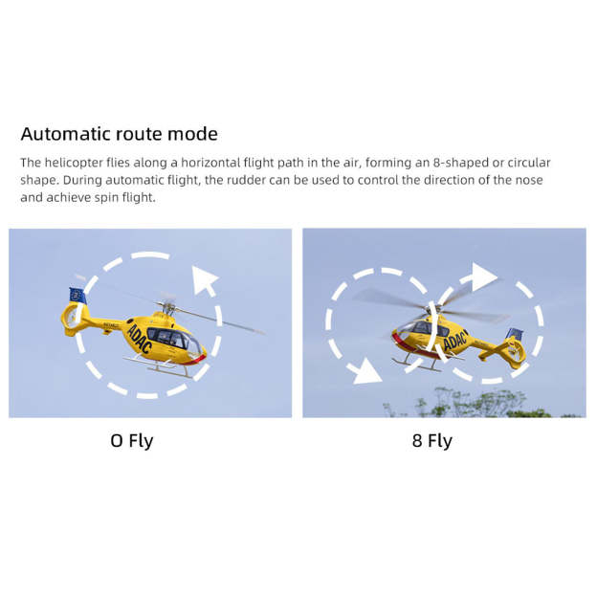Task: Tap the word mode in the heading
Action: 194,134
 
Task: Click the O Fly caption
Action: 132,441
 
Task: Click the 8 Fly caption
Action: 431,441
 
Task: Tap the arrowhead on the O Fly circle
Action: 205,280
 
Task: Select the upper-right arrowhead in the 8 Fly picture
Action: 483,276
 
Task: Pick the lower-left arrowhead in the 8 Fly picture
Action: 366,371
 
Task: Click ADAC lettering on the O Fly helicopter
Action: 140,338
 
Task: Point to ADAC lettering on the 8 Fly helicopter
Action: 454,340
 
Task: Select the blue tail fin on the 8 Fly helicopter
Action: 516,334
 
